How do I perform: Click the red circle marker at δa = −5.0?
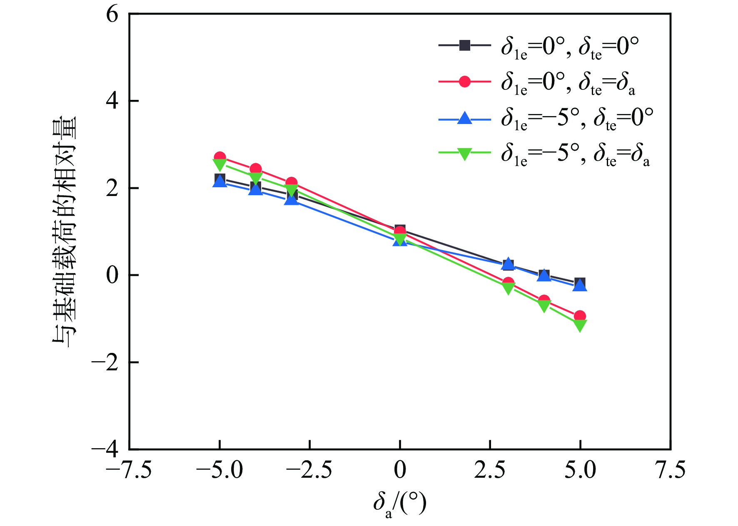220,157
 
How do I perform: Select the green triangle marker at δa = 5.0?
580,325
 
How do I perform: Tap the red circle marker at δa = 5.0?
580,316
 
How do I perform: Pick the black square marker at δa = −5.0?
220,179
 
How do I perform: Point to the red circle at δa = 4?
544,300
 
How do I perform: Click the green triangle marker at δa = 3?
508,288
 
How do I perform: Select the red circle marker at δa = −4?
256,169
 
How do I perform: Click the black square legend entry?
465,45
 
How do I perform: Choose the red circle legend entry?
465,82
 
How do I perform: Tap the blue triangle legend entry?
465,119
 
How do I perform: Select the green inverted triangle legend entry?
465,154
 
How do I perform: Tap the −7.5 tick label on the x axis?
129,471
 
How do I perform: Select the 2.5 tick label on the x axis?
490,471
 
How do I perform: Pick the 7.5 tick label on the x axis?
670,471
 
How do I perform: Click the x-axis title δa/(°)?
400,504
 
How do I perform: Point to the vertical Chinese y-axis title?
65,231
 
